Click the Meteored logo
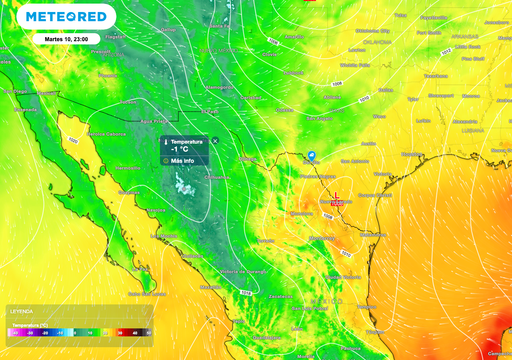[67, 18]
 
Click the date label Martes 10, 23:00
[66, 39]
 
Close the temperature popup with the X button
[215, 142]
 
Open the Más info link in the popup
[182, 160]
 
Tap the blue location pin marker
[312, 156]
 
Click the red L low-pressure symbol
[337, 197]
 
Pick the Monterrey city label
[299, 213]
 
